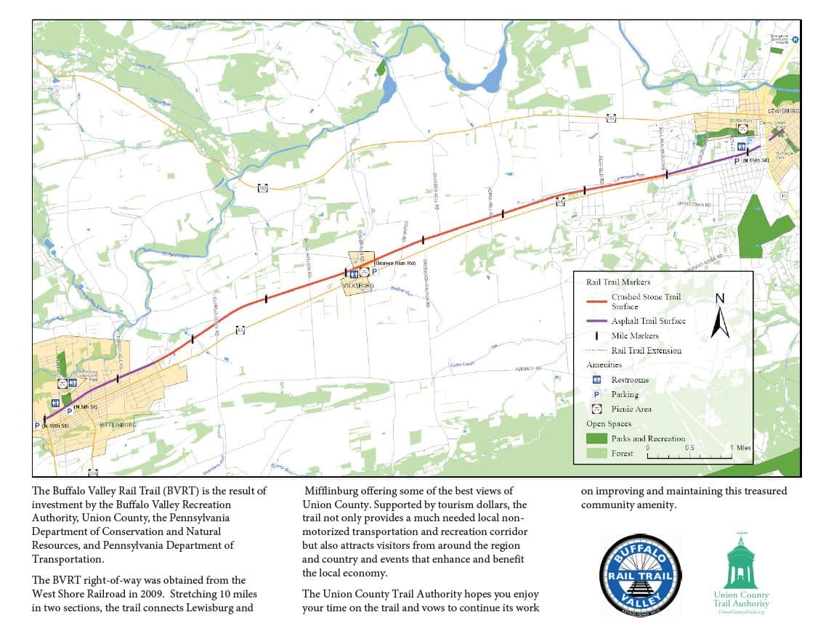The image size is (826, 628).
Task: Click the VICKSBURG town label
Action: pyautogui.click(x=357, y=286)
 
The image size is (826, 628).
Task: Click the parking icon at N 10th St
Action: pyautogui.click(x=37, y=425)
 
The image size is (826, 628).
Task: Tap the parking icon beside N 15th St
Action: pyautogui.click(x=737, y=160)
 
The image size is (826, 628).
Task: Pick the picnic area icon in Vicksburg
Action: pyautogui.click(x=363, y=274)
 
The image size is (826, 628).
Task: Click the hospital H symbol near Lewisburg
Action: pyautogui.click(x=795, y=40)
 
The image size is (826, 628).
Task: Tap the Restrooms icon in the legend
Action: pyautogui.click(x=597, y=380)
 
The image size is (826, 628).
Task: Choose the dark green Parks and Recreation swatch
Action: pyautogui.click(x=596, y=439)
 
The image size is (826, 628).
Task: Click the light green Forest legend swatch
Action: pyautogui.click(x=596, y=453)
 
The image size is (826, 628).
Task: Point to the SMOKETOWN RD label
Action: pyautogui.click(x=693, y=205)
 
